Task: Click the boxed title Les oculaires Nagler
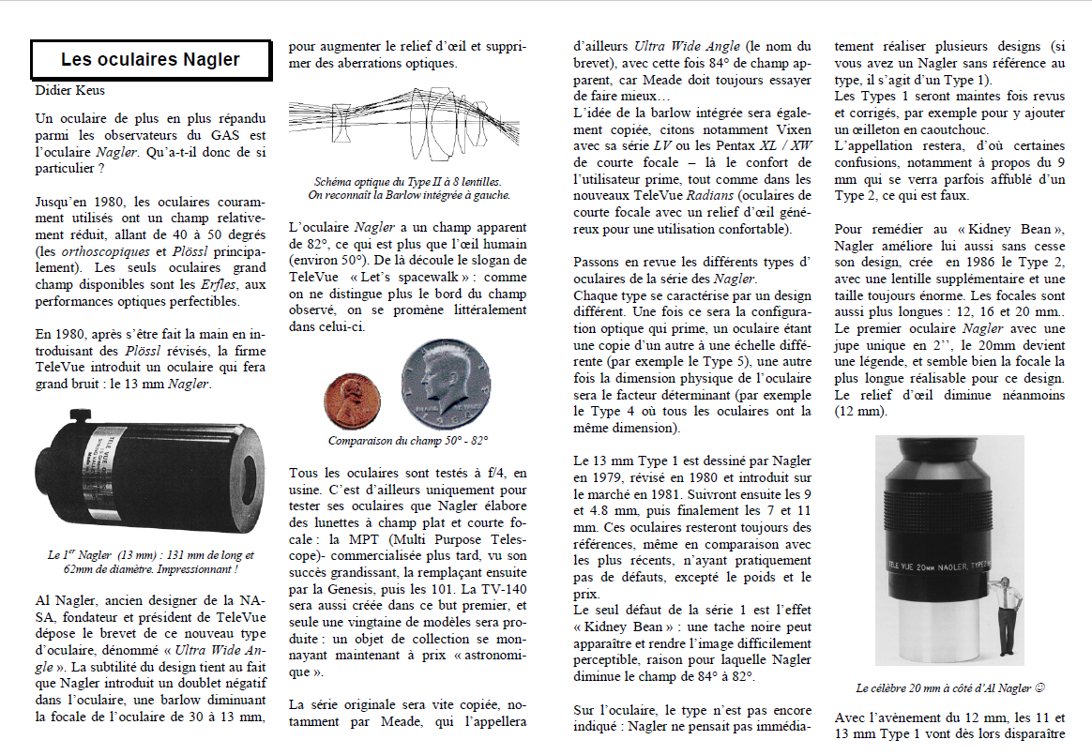150,60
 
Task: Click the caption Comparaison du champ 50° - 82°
408,440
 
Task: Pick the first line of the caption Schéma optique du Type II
408,182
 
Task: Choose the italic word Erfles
221,284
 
